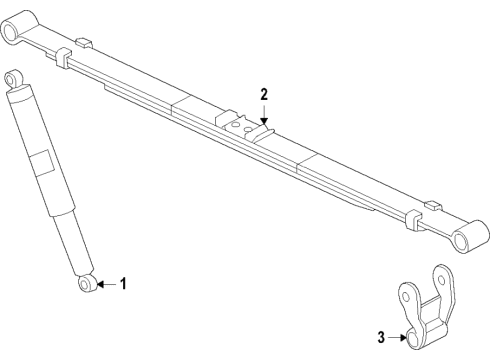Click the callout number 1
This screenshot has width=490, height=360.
pyautogui.click(x=124, y=285)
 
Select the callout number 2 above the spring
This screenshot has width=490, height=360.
pyautogui.click(x=264, y=94)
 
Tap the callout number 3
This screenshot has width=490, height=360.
pyautogui.click(x=380, y=338)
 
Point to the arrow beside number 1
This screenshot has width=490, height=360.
pyautogui.click(x=108, y=285)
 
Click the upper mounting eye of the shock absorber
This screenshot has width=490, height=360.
pyautogui.click(x=12, y=78)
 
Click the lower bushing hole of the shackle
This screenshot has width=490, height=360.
pyautogui.click(x=407, y=337)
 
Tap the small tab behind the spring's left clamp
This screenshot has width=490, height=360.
pyautogui.click(x=84, y=43)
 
